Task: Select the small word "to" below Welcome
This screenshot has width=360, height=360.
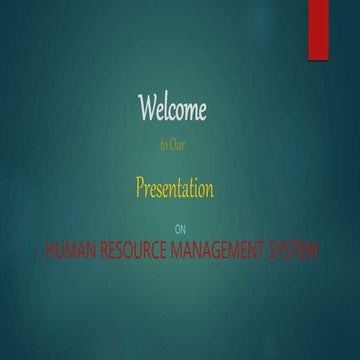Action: pos(163,145)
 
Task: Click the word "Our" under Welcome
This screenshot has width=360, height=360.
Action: pos(178,145)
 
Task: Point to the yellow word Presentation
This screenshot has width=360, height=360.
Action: pos(175,188)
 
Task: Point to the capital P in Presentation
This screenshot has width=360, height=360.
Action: pos(141,188)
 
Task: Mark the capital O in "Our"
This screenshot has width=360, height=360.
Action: pos(173,145)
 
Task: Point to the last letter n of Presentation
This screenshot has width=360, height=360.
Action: pos(210,189)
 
